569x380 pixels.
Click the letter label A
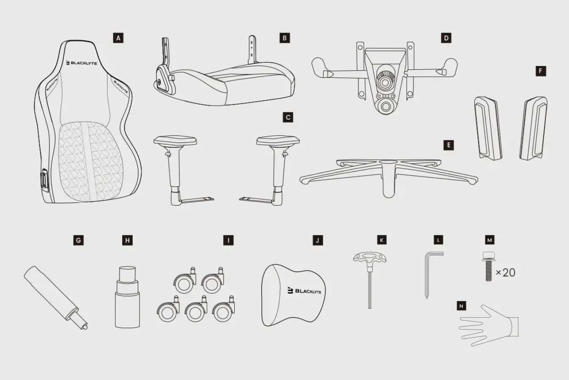[x=118, y=38]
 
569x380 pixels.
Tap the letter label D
[x=446, y=38]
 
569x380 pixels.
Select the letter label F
[x=541, y=71]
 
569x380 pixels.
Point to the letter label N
[x=461, y=306]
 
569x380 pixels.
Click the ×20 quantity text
[x=506, y=273]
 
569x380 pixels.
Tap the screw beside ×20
[x=489, y=266]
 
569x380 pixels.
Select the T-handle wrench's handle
[x=369, y=258]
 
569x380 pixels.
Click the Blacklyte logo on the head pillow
[x=304, y=291]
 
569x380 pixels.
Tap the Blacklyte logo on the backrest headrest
[x=82, y=63]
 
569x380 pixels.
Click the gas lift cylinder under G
[x=56, y=297]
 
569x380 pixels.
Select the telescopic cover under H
[x=127, y=297]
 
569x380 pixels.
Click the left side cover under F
[x=488, y=128]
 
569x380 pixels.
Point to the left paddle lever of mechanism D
[x=322, y=67]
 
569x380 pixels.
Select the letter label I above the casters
[x=228, y=240]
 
